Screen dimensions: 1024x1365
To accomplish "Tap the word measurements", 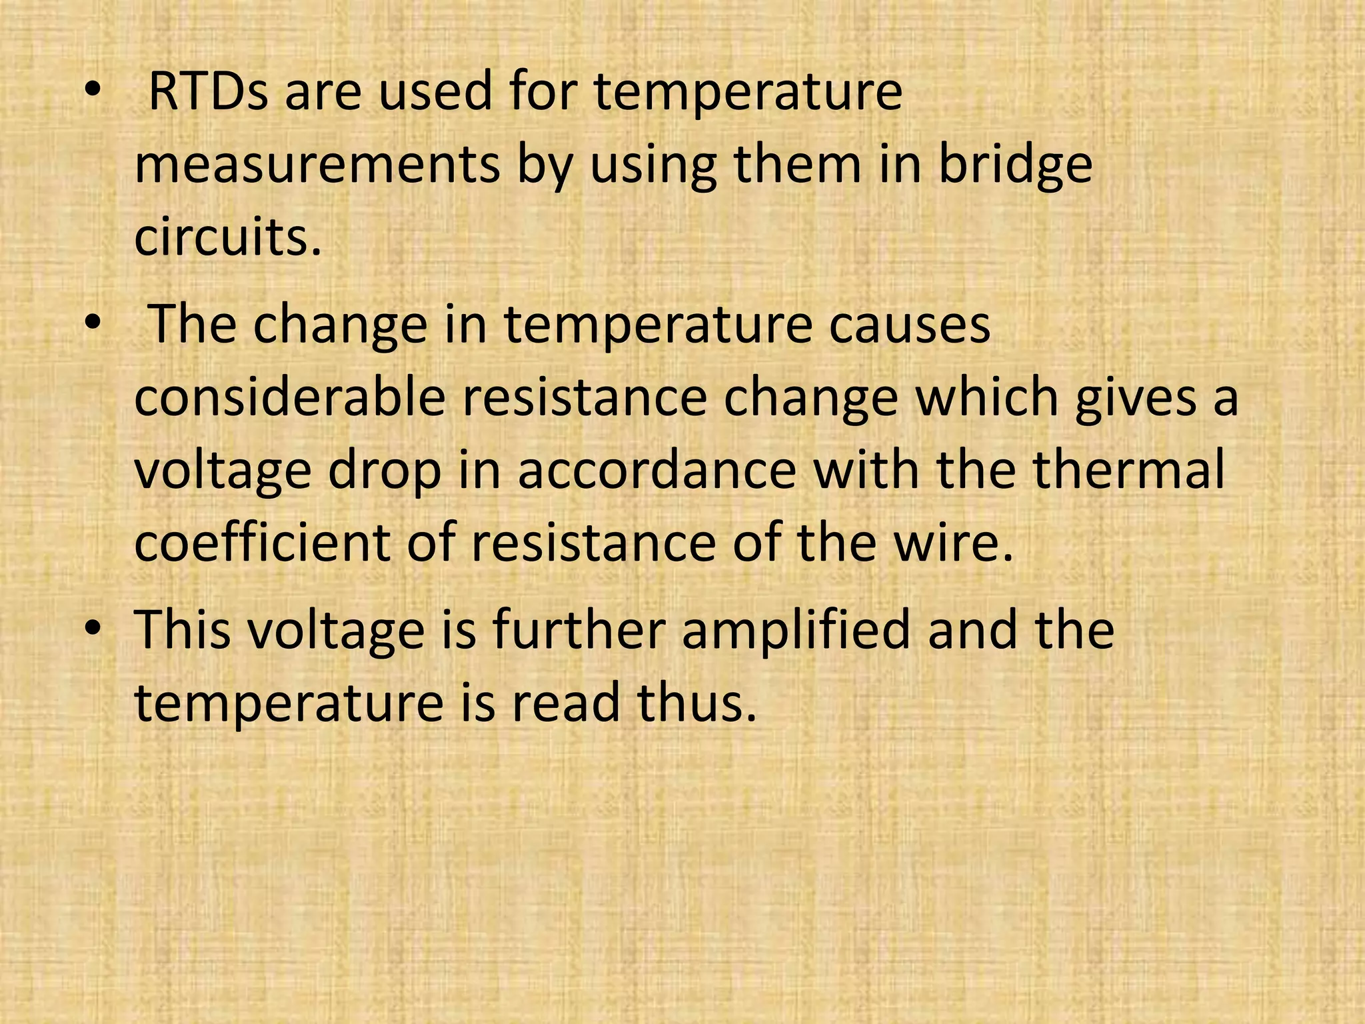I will point(317,165).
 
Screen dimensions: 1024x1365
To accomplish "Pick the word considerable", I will point(289,398).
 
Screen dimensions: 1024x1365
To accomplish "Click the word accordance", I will point(657,471).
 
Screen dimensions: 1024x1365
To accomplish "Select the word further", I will point(579,630).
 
